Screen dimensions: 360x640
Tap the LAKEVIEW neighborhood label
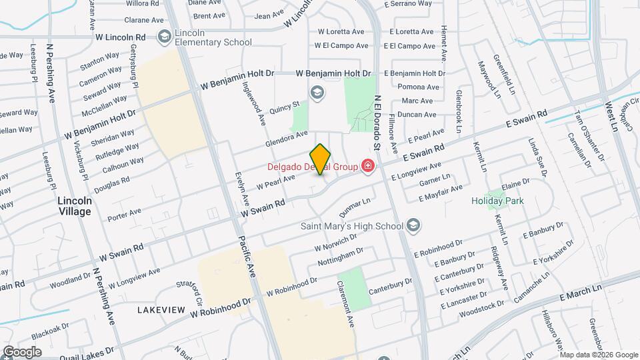[x=161, y=310]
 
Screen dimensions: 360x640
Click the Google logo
[x=22, y=351]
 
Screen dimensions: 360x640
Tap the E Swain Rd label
[x=526, y=119]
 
